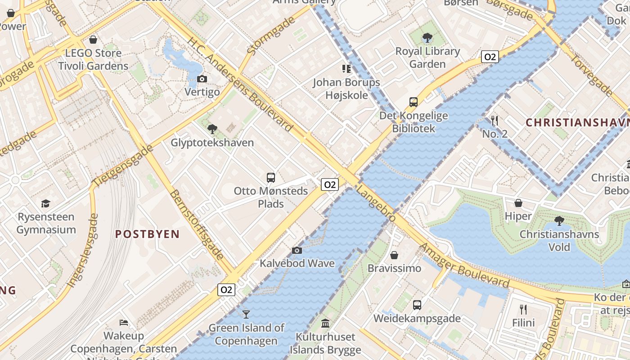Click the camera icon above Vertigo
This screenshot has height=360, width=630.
[x=202, y=79]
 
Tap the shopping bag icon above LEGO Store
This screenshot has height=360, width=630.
[x=93, y=40]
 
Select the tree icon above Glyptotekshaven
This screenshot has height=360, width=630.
[x=212, y=130]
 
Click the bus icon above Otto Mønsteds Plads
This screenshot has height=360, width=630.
[x=271, y=178]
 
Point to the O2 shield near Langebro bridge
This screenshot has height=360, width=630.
[x=329, y=184]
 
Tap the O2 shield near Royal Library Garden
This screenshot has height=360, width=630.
[x=490, y=57]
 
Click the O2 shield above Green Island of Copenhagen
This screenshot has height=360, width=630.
[x=226, y=290]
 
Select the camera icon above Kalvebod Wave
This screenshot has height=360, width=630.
[x=297, y=250]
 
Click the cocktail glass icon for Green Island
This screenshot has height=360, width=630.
[x=246, y=314]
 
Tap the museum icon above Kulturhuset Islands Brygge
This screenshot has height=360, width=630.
[x=325, y=323]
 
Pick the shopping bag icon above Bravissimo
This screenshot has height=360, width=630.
[x=394, y=255]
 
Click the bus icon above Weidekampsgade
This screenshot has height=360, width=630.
[x=417, y=305]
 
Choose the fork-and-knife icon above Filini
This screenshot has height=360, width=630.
[x=523, y=309]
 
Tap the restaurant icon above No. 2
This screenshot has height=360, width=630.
[x=495, y=120]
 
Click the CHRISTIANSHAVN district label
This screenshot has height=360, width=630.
[x=577, y=122]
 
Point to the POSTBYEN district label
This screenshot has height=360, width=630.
[x=147, y=234]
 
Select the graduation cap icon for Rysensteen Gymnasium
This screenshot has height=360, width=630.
[x=45, y=204]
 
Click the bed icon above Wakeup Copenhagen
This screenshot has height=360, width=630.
[x=124, y=322]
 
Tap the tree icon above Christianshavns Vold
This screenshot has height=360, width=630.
[x=559, y=221]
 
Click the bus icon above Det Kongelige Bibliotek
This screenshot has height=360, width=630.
[x=414, y=102]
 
